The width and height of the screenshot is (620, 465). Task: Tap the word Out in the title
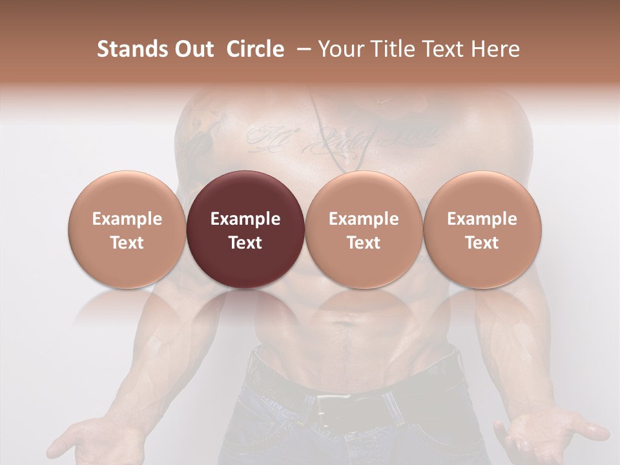193,49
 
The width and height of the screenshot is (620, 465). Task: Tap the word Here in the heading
496,49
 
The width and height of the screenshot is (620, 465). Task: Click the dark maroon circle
245,230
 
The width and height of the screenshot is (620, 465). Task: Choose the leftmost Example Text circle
127,230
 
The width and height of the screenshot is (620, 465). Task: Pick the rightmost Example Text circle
482,230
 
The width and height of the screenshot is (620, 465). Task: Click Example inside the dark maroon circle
245,219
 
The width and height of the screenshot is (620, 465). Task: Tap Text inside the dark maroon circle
245,243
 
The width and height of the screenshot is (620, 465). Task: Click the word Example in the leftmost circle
127,219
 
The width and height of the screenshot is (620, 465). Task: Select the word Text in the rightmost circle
482,243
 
